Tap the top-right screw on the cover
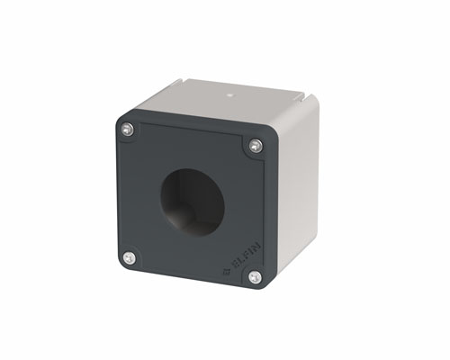pyautogui.click(x=256, y=145)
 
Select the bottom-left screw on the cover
pyautogui.click(x=130, y=257)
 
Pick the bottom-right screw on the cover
pyautogui.click(x=255, y=277)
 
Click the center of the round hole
pyautogui.click(x=190, y=197)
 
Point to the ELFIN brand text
pyautogui.click(x=236, y=266)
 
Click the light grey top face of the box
pyautogui.click(x=225, y=103)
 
